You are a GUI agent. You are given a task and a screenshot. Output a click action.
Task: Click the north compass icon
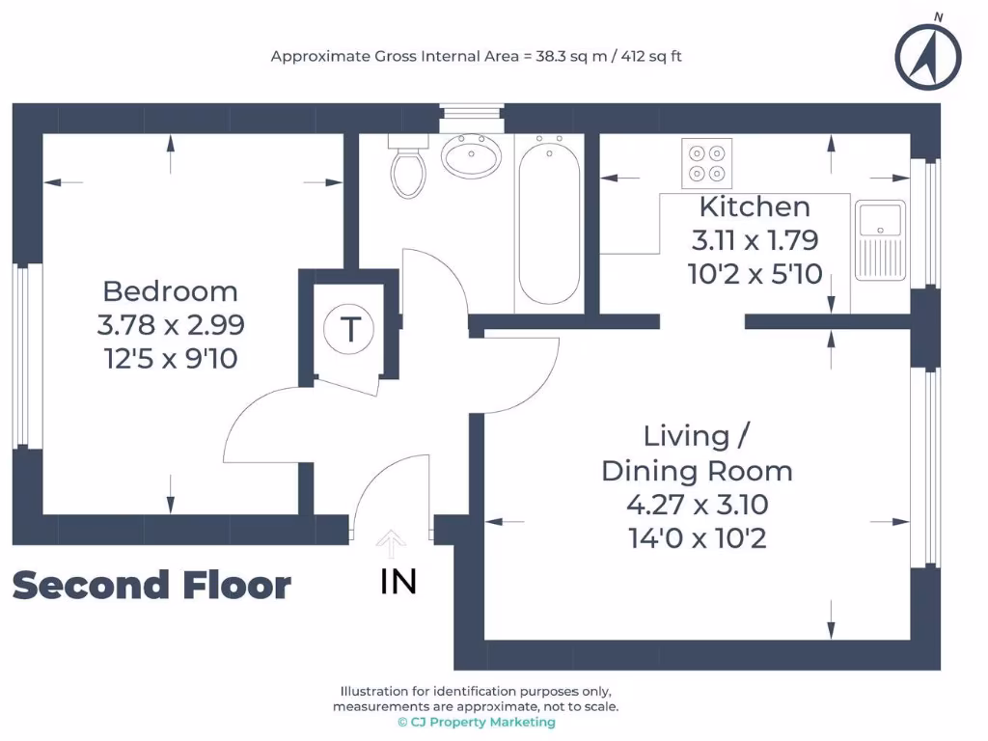[927, 55]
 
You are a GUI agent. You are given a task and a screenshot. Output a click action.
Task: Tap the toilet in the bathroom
[407, 168]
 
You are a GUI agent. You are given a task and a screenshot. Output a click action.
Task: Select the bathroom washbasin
[470, 155]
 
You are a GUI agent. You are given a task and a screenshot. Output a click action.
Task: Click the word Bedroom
[170, 290]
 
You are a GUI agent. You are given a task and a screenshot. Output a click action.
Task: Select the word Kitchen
[755, 206]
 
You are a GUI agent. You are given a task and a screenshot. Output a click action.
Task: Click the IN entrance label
[398, 582]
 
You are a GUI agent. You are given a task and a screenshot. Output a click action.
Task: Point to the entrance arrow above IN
[391, 544]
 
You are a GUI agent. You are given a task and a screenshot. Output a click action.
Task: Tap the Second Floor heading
[151, 586]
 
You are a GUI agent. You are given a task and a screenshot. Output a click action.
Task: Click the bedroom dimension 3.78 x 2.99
[170, 325]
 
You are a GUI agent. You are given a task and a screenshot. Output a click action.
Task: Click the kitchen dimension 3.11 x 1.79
[755, 239]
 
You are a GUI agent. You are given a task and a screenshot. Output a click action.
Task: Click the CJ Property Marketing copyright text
[477, 722]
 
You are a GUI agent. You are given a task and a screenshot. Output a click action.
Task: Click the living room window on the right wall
[929, 466]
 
